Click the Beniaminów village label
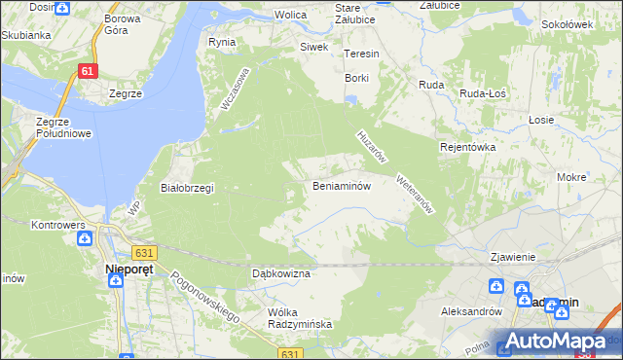click(x=341, y=186)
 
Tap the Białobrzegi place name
click(x=186, y=188)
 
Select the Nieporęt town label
click(x=126, y=266)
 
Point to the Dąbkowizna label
click(x=280, y=274)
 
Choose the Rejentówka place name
click(x=468, y=147)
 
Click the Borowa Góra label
click(x=123, y=24)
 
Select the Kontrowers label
click(x=59, y=225)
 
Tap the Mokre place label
click(x=571, y=178)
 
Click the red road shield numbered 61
click(x=89, y=71)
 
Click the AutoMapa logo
click(x=559, y=342)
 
